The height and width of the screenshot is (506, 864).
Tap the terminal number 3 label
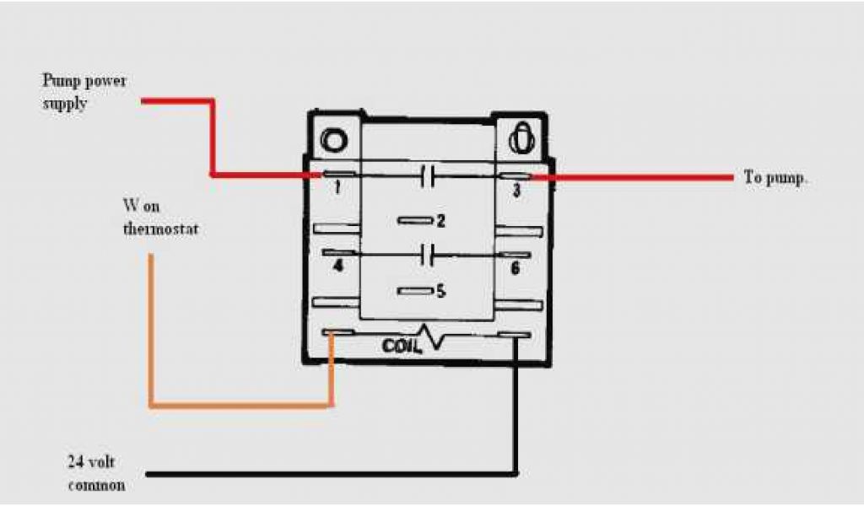(516, 191)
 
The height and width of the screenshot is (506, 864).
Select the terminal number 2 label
(440, 221)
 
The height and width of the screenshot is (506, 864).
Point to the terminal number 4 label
(337, 268)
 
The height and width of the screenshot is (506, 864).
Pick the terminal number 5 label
(440, 291)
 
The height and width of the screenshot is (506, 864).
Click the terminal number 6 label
(516, 268)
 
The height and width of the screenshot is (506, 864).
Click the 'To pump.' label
(776, 178)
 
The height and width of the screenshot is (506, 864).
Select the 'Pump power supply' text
(84, 92)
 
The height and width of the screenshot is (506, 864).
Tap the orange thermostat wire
(152, 337)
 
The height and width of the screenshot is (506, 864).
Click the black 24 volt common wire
(337, 473)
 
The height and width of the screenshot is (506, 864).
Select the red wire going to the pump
(633, 178)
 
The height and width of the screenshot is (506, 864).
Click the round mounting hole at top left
(333, 138)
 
